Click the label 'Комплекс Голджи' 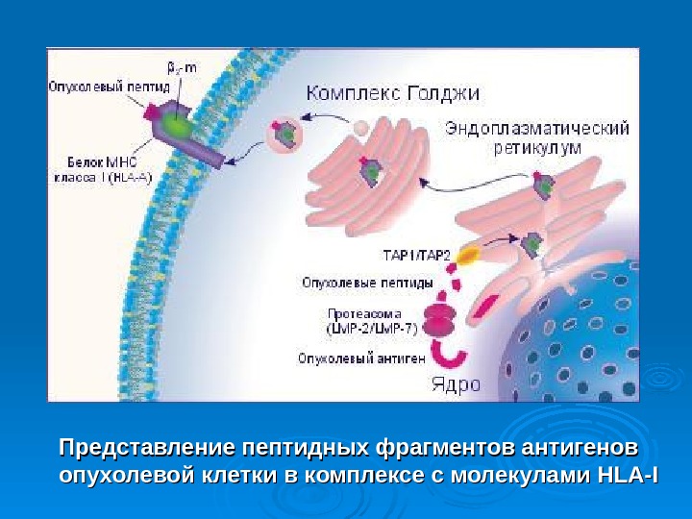[392, 93]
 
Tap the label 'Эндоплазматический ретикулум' [537, 136]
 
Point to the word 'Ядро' [455, 385]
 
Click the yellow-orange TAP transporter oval [468, 255]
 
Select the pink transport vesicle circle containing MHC [285, 135]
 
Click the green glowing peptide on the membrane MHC [176, 125]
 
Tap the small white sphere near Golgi [358, 127]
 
